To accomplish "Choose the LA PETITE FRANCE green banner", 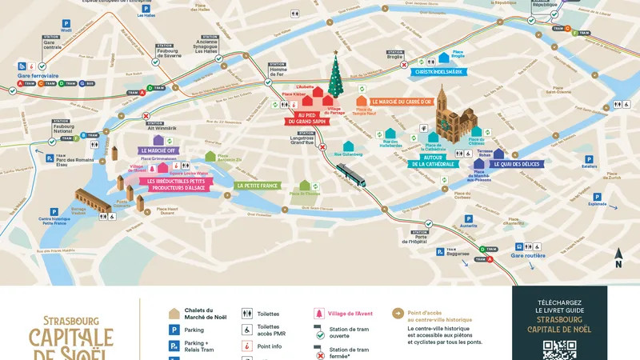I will pos(257,185).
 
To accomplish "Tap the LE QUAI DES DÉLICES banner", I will pos(514,164).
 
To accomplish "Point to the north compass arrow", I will pos(618,258).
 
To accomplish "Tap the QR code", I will pos(559,350).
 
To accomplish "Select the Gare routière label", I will pos(528,256).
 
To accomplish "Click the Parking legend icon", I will pos(174,330).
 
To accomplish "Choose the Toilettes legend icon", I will pos(248,314).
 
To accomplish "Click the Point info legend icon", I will pos(248,346).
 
